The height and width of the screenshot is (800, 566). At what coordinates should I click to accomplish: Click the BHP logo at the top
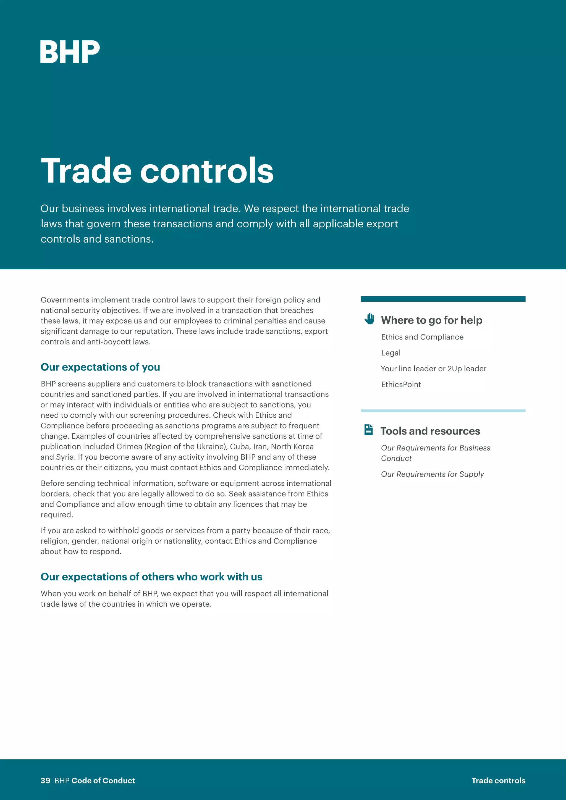pyautogui.click(x=70, y=52)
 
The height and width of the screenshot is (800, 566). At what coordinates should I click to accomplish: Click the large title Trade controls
pyautogui.click(x=157, y=170)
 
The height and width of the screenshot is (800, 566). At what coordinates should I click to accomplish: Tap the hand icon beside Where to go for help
pyautogui.click(x=369, y=319)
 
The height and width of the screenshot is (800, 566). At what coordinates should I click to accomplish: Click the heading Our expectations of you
pyautogui.click(x=100, y=367)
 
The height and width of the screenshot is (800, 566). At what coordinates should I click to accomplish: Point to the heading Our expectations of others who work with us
pyautogui.click(x=151, y=577)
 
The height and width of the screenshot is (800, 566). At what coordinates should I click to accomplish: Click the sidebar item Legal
pyautogui.click(x=391, y=352)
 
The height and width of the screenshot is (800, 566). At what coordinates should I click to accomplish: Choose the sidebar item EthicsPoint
pyautogui.click(x=401, y=384)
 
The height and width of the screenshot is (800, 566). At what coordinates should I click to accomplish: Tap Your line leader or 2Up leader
pyautogui.click(x=433, y=369)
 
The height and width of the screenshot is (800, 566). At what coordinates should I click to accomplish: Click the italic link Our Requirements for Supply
pyautogui.click(x=432, y=474)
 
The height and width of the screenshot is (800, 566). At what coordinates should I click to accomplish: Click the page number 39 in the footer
pyautogui.click(x=45, y=780)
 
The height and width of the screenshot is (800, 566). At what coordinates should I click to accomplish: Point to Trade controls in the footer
pyautogui.click(x=498, y=780)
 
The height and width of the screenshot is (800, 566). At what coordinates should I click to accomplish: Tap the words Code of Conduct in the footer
pyautogui.click(x=103, y=780)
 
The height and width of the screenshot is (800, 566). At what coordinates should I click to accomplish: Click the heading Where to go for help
pyautogui.click(x=431, y=320)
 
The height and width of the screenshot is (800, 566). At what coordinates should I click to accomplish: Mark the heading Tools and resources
pyautogui.click(x=430, y=431)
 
